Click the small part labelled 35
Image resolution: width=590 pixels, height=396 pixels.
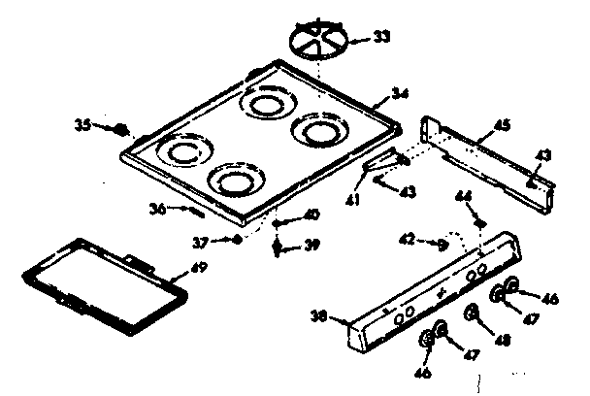[119, 127]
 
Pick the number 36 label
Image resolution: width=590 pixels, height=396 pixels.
[158, 207]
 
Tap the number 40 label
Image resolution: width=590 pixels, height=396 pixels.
[312, 214]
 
